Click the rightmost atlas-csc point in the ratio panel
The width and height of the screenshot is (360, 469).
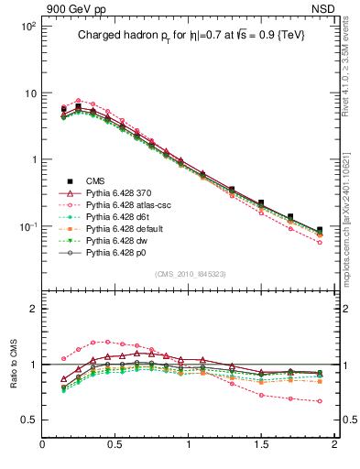[320, 401]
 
